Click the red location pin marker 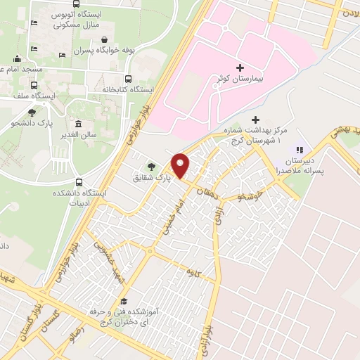181,165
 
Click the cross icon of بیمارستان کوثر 240,67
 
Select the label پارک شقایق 152,179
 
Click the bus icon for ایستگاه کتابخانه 128,79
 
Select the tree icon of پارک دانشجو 31,111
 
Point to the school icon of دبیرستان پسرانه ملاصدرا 300,149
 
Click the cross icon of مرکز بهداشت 255,120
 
